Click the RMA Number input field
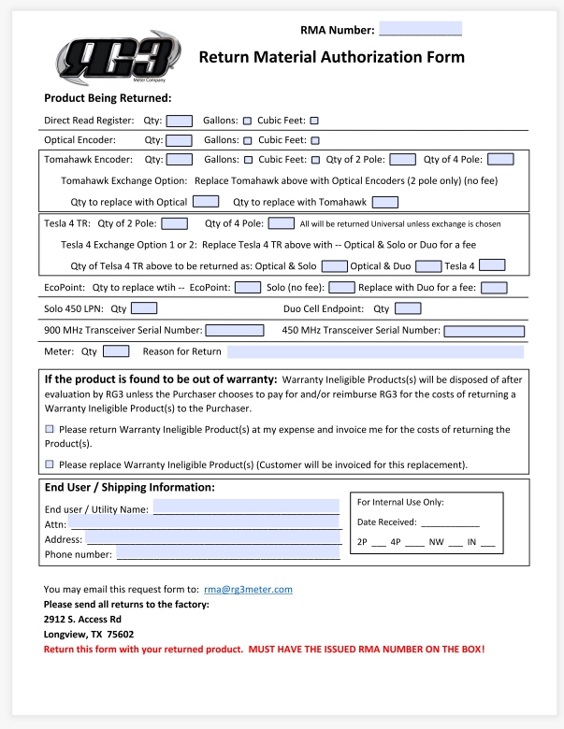(x=420, y=29)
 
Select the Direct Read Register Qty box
(x=180, y=120)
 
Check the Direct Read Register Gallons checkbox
(x=248, y=120)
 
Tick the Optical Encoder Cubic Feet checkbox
(x=315, y=140)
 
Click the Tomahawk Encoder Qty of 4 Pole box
(x=500, y=160)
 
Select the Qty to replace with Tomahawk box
(x=384, y=202)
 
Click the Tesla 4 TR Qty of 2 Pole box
(x=174, y=223)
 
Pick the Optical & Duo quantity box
(x=427, y=266)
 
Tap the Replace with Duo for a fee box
(x=494, y=288)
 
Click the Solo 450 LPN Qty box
(x=144, y=308)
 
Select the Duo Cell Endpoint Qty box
(x=408, y=308)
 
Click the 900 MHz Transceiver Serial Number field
(x=235, y=330)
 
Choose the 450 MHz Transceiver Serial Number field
(x=484, y=330)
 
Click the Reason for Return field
(x=375, y=351)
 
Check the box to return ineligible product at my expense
(x=51, y=429)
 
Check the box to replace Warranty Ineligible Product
(x=51, y=464)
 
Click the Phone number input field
(x=227, y=554)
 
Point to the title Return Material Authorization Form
(x=331, y=57)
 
